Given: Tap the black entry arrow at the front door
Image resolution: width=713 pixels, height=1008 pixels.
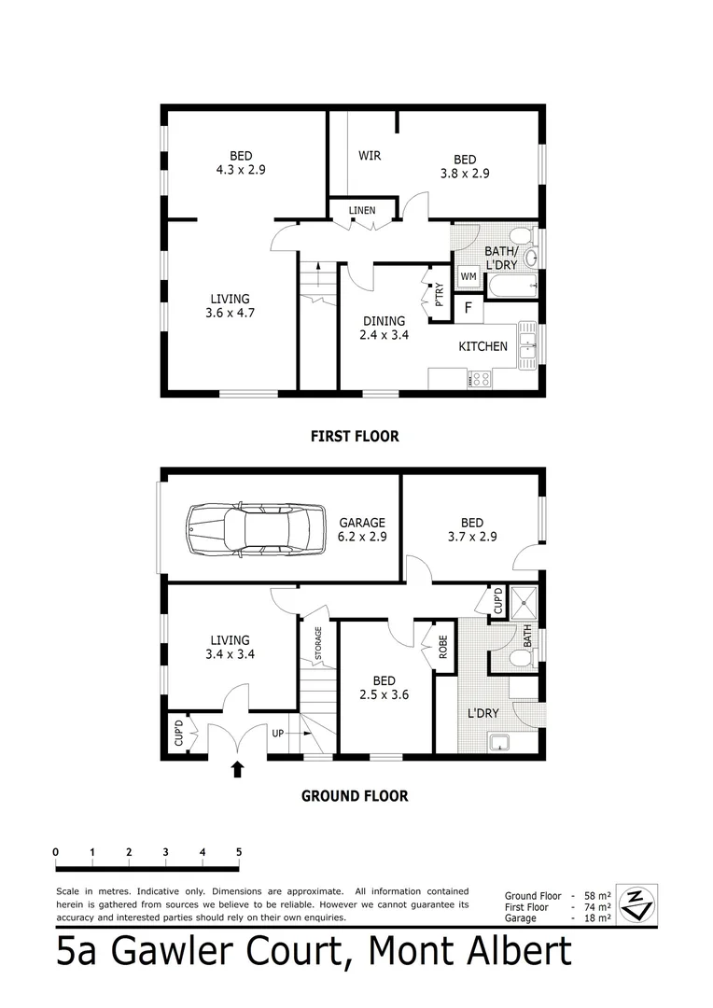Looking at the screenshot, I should pyautogui.click(x=237, y=769).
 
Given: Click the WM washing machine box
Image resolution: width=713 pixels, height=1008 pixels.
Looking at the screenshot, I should pyautogui.click(x=468, y=277).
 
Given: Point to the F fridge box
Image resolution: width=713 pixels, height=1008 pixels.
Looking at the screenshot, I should pyautogui.click(x=468, y=306).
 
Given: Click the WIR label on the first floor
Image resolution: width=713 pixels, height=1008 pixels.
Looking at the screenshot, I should pyautogui.click(x=370, y=155).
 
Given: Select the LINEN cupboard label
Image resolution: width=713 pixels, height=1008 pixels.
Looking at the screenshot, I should pyautogui.click(x=362, y=211).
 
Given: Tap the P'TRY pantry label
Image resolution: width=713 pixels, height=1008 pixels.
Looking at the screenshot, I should pyautogui.click(x=438, y=293).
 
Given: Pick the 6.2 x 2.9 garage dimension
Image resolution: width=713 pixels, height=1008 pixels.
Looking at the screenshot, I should pyautogui.click(x=362, y=538).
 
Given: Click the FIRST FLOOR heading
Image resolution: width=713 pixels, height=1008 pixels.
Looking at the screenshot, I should pyautogui.click(x=354, y=436).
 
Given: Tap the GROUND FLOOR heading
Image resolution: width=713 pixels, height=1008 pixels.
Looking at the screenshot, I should pyautogui.click(x=354, y=796).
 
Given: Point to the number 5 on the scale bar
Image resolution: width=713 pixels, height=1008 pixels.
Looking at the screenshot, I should pyautogui.click(x=239, y=852).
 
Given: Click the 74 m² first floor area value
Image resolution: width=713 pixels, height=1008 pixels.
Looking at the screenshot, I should pyautogui.click(x=597, y=907).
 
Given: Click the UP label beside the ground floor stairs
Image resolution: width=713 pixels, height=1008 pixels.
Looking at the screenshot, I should pyautogui.click(x=277, y=734).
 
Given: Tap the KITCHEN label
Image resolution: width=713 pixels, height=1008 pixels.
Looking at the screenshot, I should pyautogui.click(x=482, y=346).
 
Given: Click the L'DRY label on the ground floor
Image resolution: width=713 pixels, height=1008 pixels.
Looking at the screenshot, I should pyautogui.click(x=483, y=714).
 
